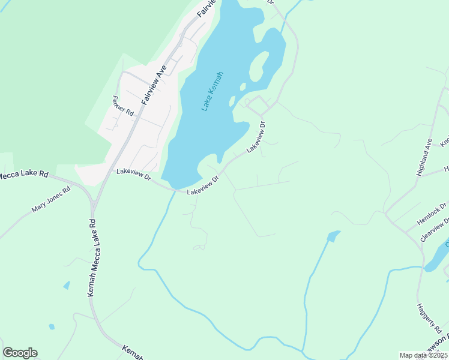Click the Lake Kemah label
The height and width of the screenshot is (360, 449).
coord(212,91)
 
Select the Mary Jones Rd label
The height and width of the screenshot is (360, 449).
coord(51,200)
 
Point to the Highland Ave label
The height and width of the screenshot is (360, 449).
coord(424,157)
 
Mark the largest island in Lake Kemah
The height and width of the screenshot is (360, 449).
coord(258,67)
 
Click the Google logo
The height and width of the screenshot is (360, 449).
coord(20,353)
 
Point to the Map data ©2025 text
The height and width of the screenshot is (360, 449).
coord(423,355)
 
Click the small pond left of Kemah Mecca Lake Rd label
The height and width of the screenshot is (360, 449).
coord(66,286)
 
